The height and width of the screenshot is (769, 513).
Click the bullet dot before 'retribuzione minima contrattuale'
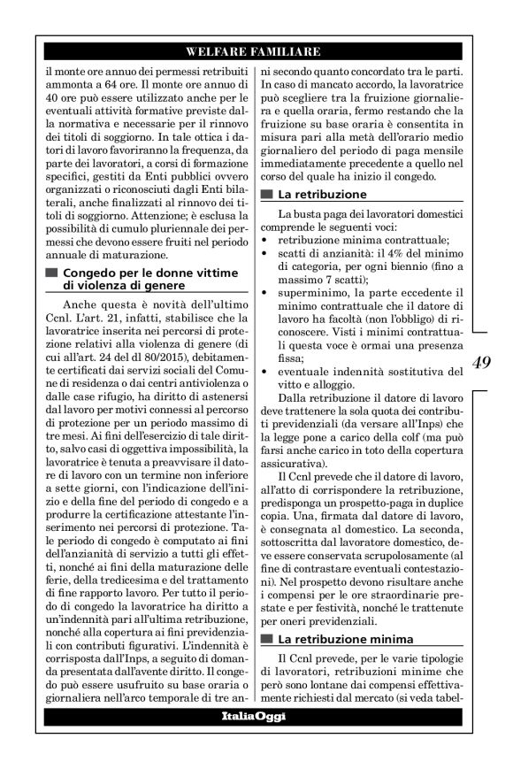(x=266, y=240)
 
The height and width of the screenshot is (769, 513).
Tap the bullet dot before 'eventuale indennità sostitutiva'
(x=266, y=372)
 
